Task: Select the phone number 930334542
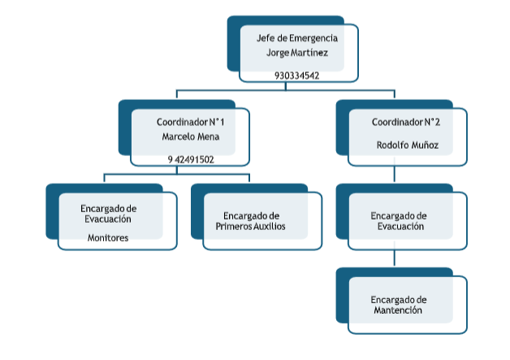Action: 296,76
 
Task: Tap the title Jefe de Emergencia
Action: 296,37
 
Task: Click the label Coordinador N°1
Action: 190,121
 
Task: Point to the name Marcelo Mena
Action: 190,136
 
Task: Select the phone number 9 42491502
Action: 191,159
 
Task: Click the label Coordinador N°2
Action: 406,122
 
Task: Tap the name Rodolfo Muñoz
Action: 407,145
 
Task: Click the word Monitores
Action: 108,237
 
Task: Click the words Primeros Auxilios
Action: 250,227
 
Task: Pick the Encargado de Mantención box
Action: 407,305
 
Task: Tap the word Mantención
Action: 398,310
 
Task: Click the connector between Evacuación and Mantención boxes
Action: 395,258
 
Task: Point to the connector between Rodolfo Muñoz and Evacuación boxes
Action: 395,175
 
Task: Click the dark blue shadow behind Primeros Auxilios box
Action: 196,211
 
